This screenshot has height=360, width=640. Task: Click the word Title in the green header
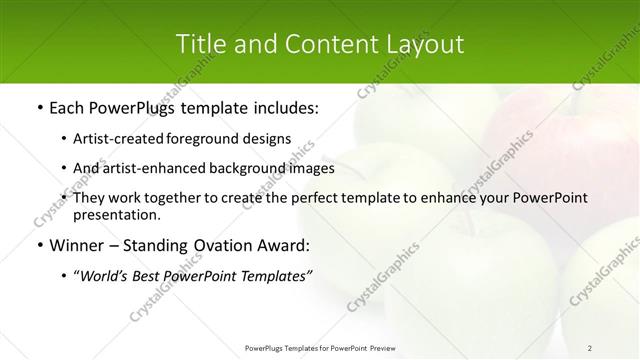pyautogui.click(x=200, y=44)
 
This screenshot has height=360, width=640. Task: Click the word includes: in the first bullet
pyautogui.click(x=281, y=106)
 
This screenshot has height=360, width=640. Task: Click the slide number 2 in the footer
pyautogui.click(x=590, y=347)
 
